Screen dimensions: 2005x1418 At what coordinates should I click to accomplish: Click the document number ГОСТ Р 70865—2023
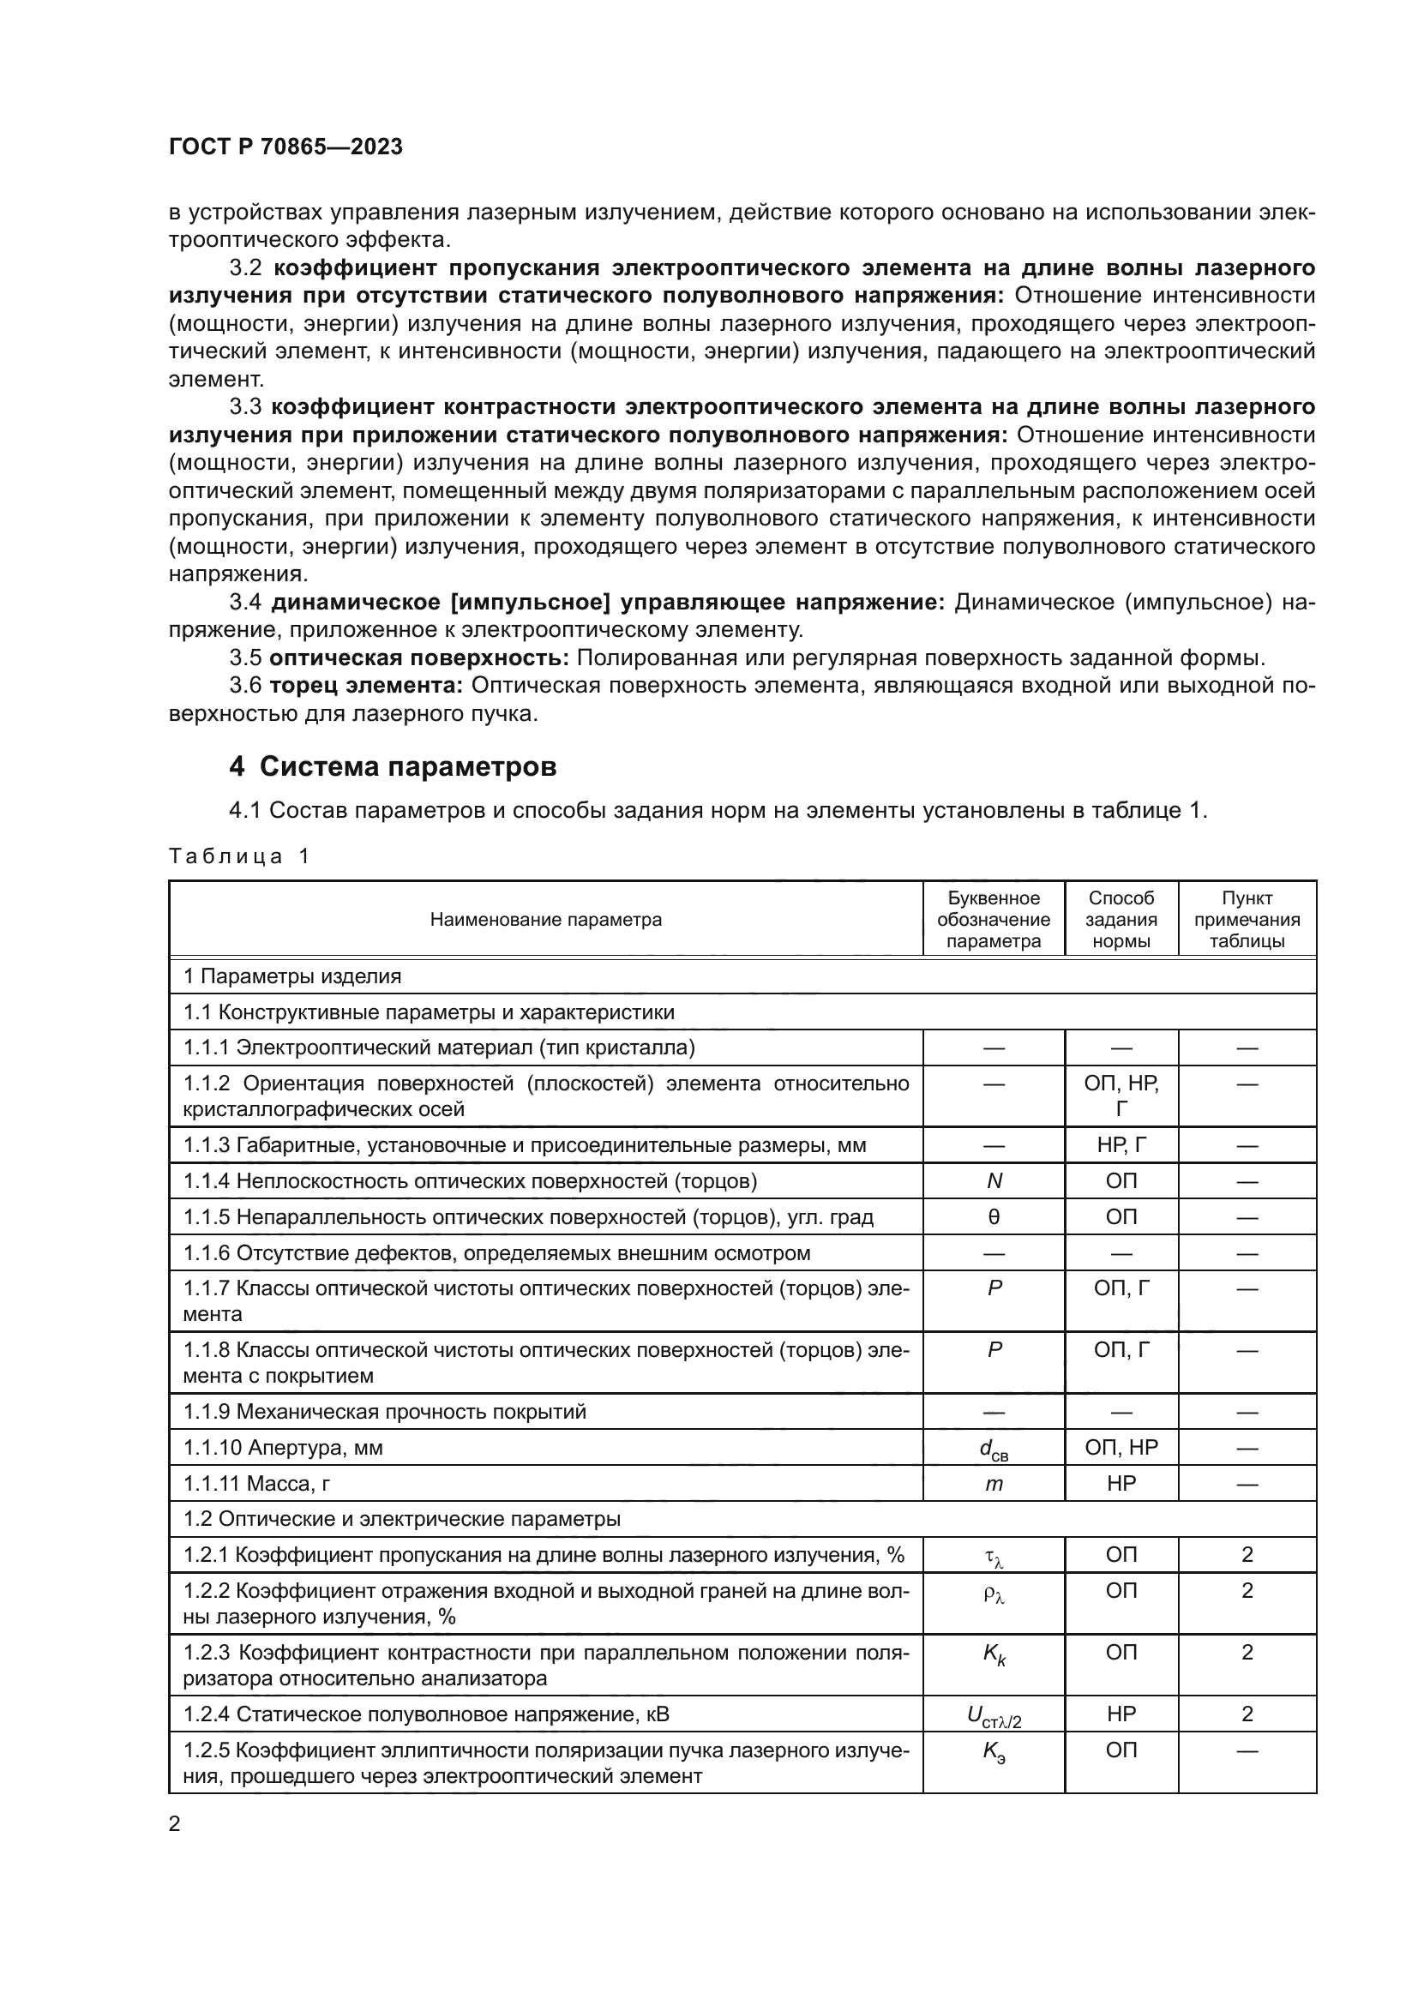[285, 147]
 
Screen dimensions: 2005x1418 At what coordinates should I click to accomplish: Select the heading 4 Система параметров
[392, 766]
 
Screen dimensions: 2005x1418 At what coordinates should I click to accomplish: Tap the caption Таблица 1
[239, 855]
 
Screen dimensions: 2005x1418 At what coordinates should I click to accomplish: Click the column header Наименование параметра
[546, 920]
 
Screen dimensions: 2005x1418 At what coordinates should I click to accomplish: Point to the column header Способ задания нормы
[1121, 920]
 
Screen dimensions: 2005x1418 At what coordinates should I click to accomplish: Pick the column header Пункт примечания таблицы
[1247, 920]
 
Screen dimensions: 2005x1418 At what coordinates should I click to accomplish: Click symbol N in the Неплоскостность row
[994, 1181]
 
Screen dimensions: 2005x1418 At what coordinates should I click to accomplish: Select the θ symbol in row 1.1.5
[994, 1217]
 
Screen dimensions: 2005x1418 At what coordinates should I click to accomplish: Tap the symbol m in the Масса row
[994, 1484]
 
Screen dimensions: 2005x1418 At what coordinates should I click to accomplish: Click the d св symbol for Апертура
[994, 1449]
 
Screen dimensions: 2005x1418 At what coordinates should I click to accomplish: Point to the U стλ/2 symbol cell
[994, 1716]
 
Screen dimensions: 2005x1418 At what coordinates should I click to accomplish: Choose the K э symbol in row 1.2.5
[994, 1752]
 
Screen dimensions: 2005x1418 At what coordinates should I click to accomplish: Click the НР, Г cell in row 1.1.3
[1121, 1146]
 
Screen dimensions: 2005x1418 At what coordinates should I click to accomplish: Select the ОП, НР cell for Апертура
[1121, 1448]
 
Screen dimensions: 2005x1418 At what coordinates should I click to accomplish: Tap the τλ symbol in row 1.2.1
[994, 1556]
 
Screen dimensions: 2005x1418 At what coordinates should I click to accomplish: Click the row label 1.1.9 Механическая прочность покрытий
[384, 1412]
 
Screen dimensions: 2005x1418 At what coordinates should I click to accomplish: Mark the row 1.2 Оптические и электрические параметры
[401, 1520]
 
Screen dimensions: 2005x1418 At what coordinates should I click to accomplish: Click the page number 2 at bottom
[175, 1824]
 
